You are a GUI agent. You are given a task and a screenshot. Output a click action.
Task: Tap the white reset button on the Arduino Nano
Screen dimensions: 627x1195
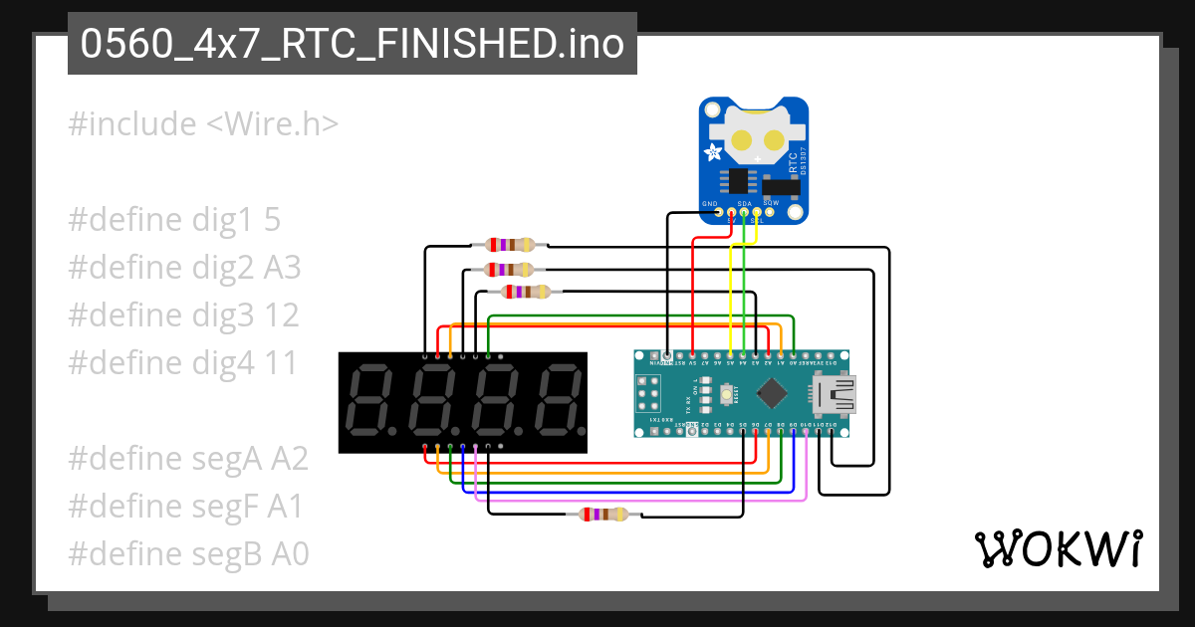pos(716,395)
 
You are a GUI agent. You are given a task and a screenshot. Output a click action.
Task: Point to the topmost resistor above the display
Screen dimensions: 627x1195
pos(509,244)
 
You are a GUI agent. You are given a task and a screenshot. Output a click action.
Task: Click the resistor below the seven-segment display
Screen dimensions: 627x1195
pos(603,515)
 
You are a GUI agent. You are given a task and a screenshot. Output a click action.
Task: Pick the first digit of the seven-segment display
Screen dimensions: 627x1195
pos(370,401)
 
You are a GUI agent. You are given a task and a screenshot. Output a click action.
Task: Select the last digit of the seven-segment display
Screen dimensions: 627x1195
pos(555,401)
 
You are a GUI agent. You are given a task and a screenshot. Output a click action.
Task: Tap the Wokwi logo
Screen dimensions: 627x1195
pos(1057,548)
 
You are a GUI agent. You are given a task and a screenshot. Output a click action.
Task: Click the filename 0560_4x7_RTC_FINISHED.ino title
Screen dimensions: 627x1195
pos(352,45)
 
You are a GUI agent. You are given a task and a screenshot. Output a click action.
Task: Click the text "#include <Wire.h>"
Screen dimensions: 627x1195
pos(203,124)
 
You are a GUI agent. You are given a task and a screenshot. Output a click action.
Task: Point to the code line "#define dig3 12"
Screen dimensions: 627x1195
pos(183,315)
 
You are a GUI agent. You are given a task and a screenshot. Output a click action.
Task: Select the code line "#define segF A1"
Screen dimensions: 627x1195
pos(185,507)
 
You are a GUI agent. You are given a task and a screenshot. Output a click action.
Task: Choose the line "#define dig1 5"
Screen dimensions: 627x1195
pos(174,220)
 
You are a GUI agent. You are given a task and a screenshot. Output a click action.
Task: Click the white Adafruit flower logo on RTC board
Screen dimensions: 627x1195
pos(714,152)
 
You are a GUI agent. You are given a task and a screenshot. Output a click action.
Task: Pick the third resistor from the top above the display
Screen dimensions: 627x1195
pos(527,292)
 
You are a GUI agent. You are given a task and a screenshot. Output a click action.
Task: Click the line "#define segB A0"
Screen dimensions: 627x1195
pos(187,554)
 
